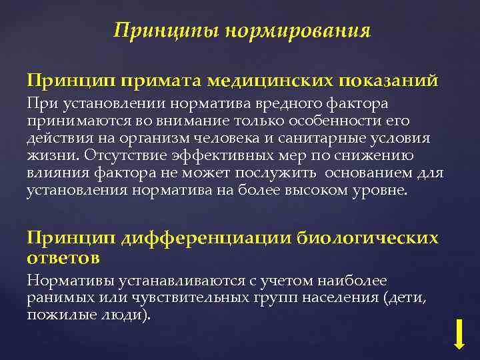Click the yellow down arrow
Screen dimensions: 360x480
459,333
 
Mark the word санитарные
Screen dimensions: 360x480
329,138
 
